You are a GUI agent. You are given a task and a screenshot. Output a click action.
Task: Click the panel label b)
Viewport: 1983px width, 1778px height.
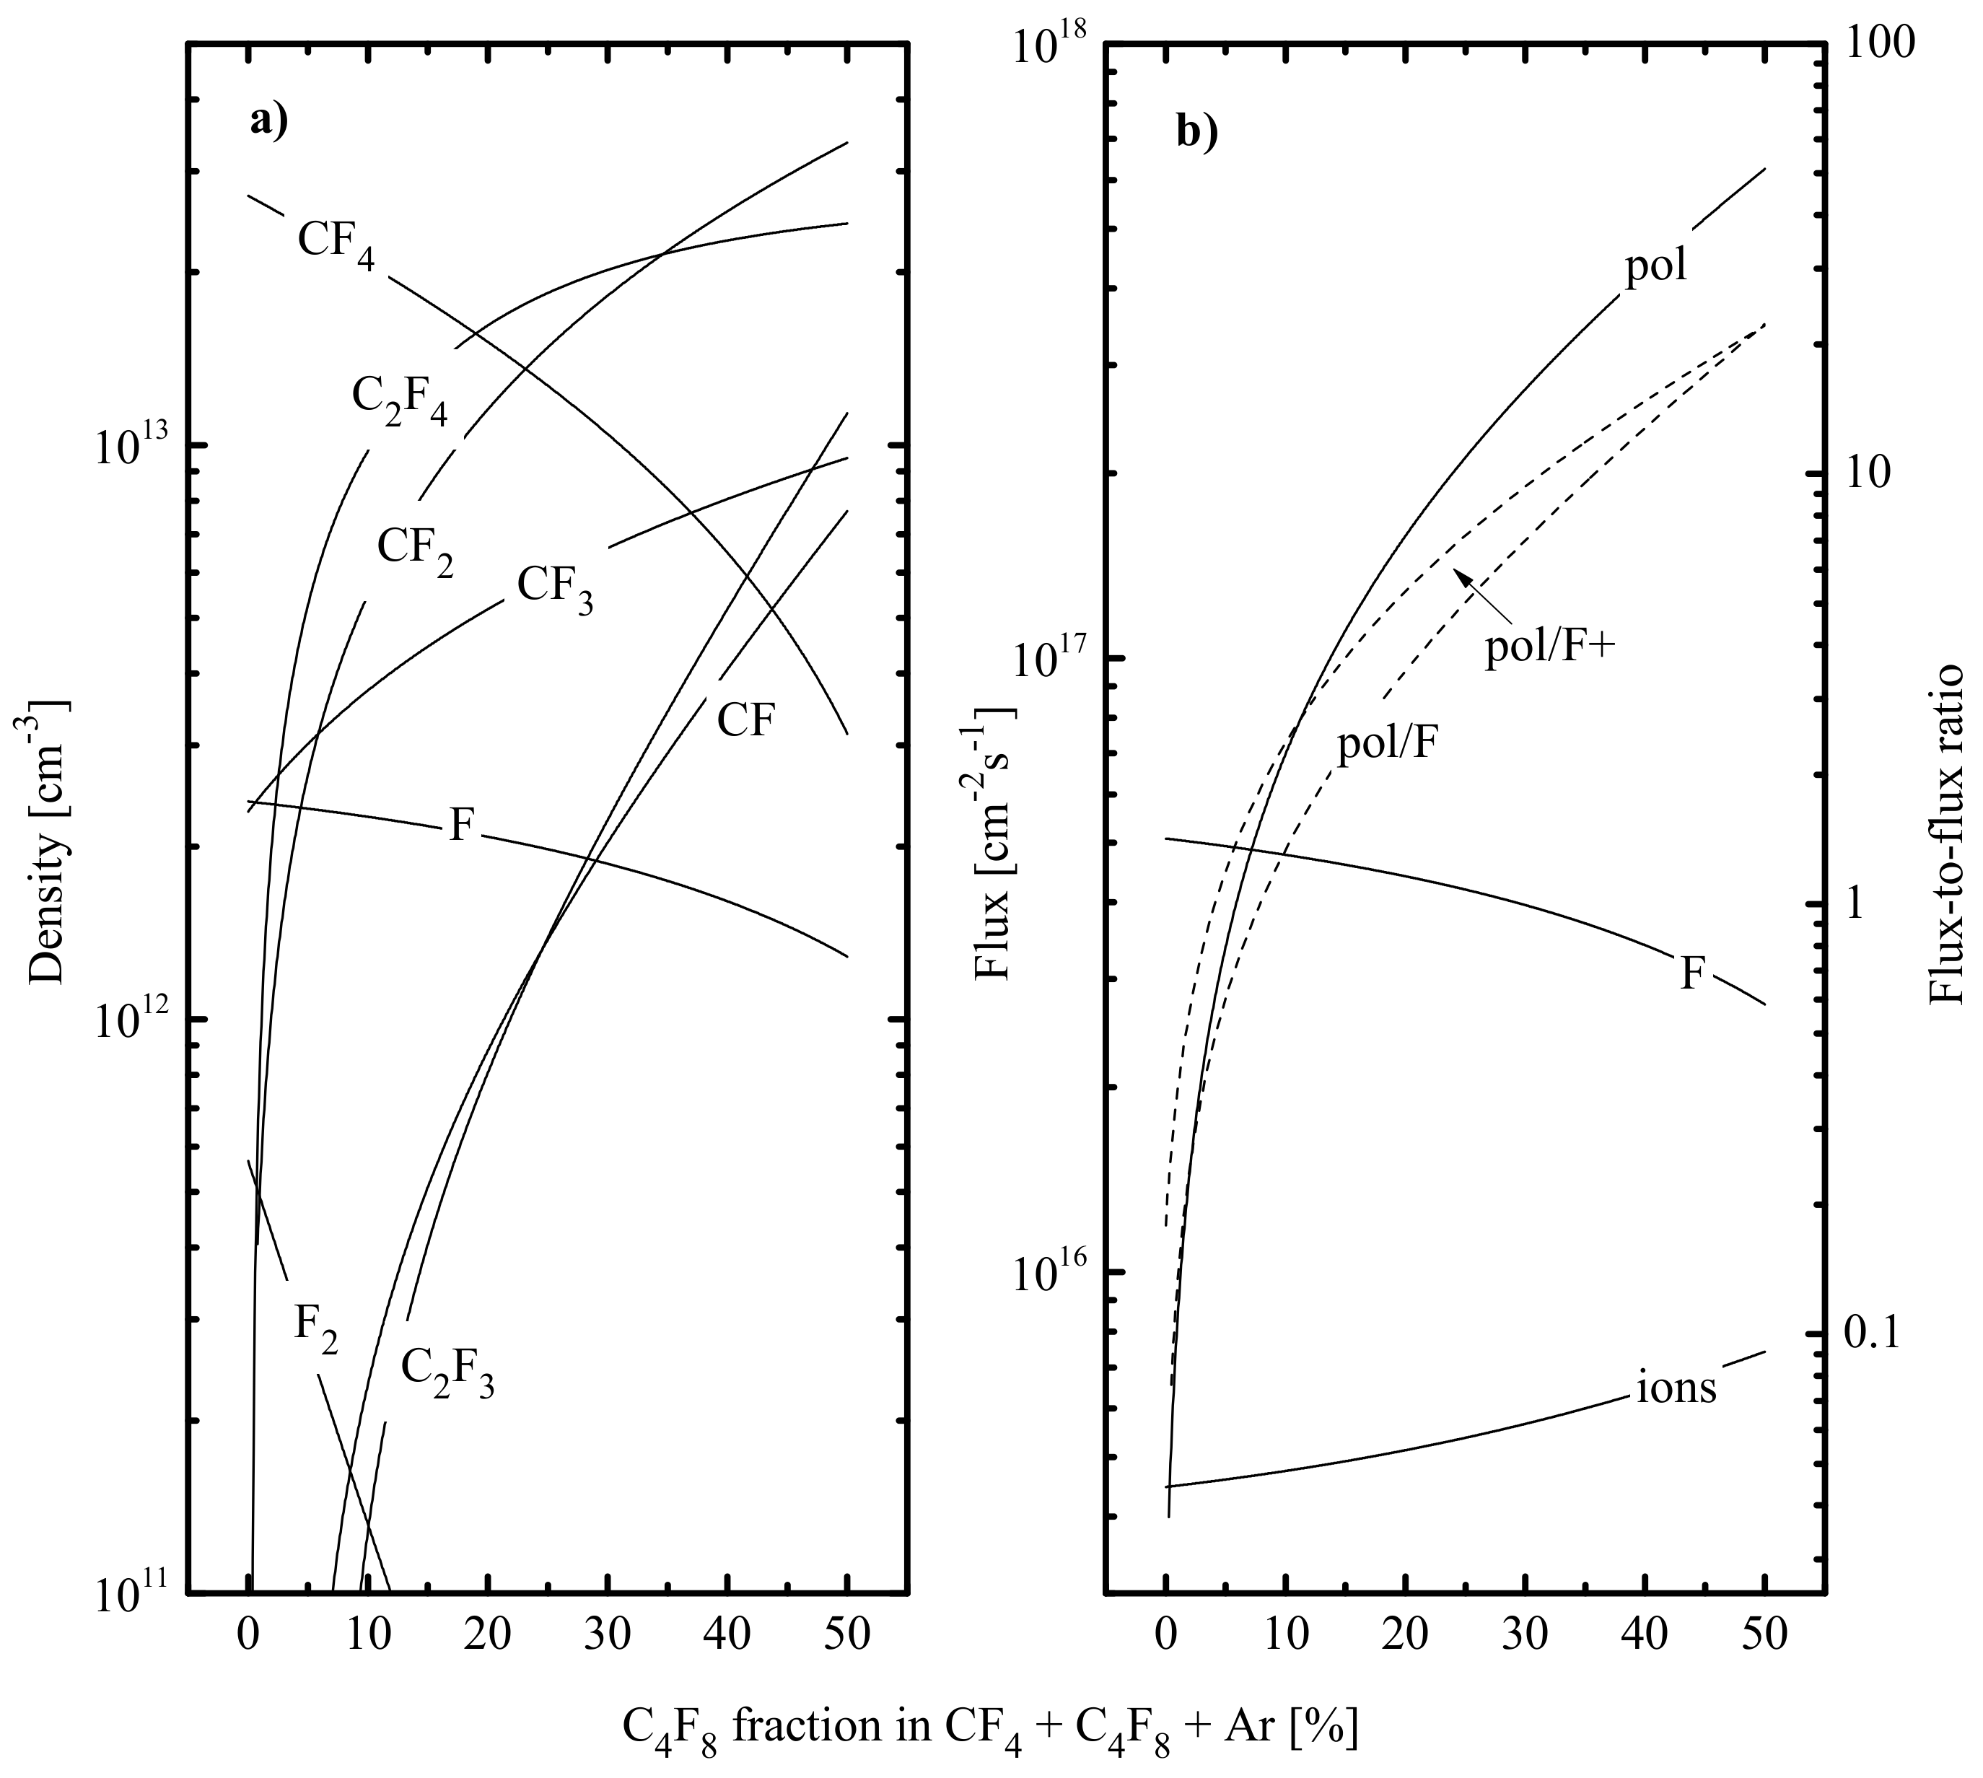tap(1196, 131)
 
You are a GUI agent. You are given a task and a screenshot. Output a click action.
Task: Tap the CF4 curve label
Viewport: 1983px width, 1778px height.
tap(336, 242)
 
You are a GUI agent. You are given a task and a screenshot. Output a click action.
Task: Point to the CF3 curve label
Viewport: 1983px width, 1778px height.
tap(554, 588)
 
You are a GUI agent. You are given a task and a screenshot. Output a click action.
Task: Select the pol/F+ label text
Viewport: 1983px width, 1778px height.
tap(1546, 648)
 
